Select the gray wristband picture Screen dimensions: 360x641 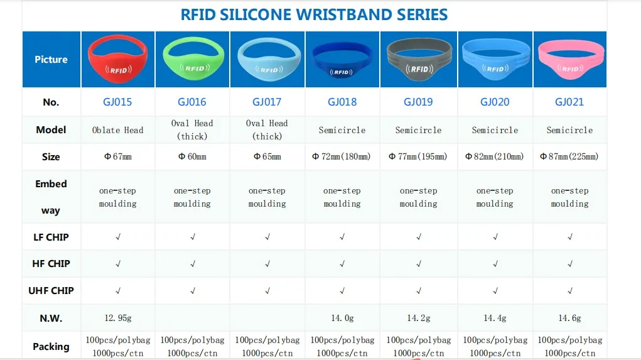(x=419, y=59)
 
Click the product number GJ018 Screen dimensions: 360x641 (x=342, y=102)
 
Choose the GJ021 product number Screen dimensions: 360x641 (x=569, y=102)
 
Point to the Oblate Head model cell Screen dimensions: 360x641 (x=117, y=130)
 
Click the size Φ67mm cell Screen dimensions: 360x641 (x=117, y=156)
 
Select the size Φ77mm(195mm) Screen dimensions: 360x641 (x=418, y=156)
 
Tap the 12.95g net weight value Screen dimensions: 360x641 (x=117, y=318)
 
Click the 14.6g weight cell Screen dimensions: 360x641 (x=569, y=318)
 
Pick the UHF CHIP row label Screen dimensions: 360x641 (x=51, y=290)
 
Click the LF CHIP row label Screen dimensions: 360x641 (x=51, y=237)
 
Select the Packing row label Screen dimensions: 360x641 (x=51, y=346)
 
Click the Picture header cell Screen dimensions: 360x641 (x=51, y=60)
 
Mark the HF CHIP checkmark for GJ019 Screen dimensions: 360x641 (x=419, y=264)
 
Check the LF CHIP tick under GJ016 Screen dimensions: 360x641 (x=193, y=237)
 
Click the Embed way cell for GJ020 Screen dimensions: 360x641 (x=495, y=197)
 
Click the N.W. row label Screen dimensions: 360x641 (x=51, y=318)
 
